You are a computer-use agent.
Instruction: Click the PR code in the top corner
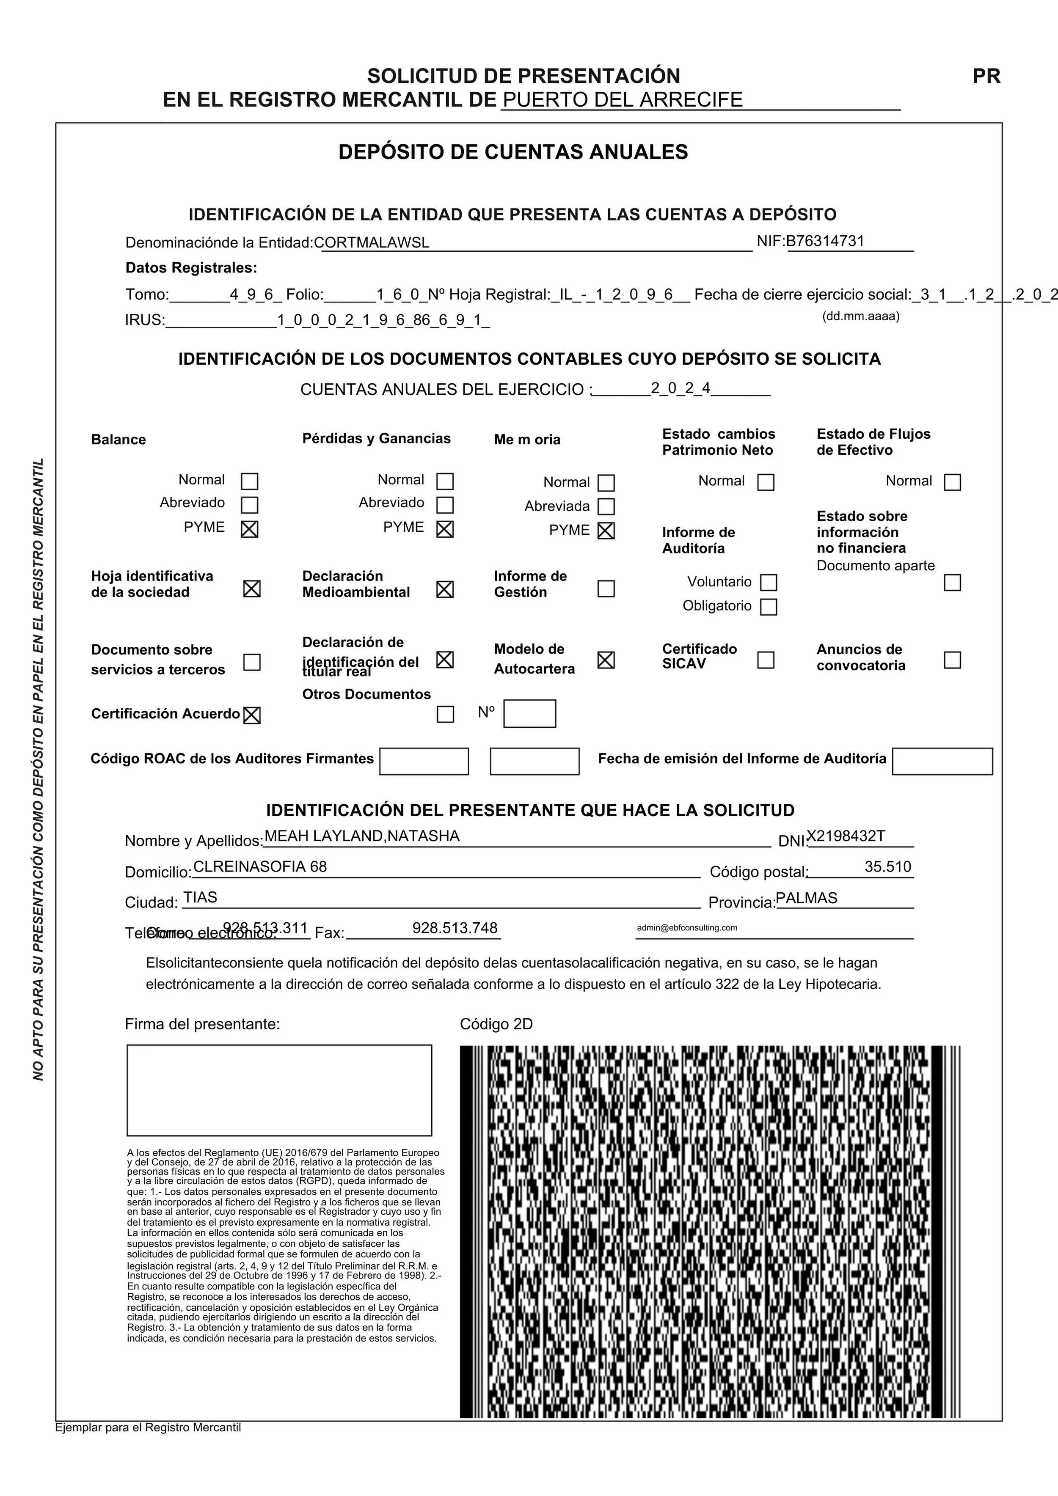(986, 76)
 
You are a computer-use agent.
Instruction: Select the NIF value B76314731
(825, 241)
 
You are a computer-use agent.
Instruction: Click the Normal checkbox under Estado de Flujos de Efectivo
(952, 482)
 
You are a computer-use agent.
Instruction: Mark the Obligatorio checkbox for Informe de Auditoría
(769, 607)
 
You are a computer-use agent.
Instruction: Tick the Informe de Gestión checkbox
(606, 588)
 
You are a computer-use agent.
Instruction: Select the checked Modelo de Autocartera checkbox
(606, 660)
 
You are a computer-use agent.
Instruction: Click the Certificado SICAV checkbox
(765, 660)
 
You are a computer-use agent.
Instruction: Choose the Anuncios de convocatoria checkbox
(952, 660)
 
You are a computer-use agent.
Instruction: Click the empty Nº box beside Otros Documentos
(529, 713)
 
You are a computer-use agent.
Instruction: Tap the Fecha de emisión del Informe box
(941, 761)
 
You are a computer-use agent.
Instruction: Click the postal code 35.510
(887, 866)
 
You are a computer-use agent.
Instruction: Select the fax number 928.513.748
(455, 928)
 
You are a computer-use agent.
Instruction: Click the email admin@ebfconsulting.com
(686, 928)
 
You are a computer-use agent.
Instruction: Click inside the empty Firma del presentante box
(279, 1090)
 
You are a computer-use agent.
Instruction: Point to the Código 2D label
(496, 1024)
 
